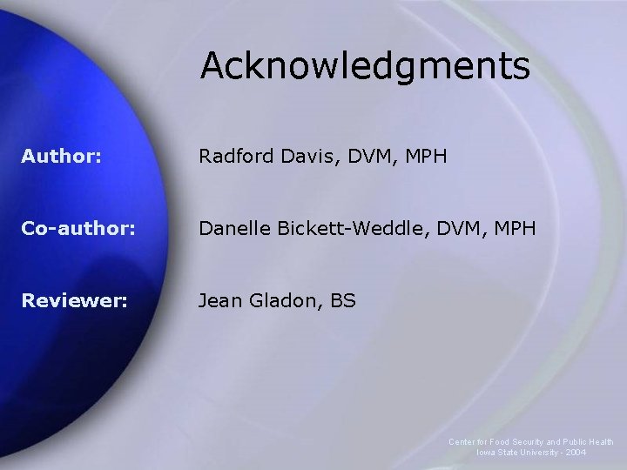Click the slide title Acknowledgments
pos(364,66)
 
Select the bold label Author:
pos(62,157)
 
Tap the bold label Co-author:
pos(79,228)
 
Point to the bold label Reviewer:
pos(75,300)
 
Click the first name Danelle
pos(233,228)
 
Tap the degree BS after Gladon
pos(340,300)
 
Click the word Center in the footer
pos(462,442)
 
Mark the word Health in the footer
pos(601,442)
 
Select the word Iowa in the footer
pos(485,453)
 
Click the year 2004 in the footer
pos(576,453)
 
